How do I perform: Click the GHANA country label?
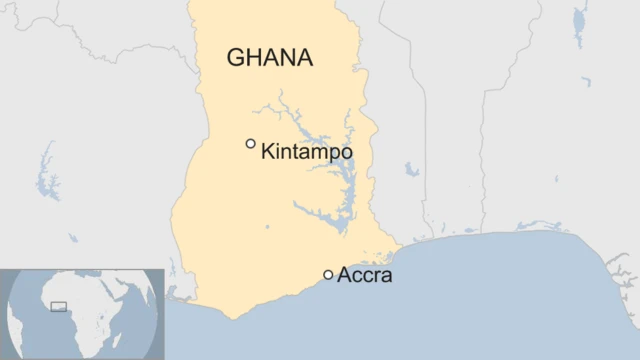(270, 57)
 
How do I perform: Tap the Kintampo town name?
(306, 152)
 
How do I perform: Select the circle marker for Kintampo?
(251, 144)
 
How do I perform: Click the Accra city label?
(365, 275)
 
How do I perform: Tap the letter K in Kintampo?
(267, 152)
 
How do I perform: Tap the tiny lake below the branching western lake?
(72, 238)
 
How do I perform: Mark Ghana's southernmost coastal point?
(235, 318)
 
